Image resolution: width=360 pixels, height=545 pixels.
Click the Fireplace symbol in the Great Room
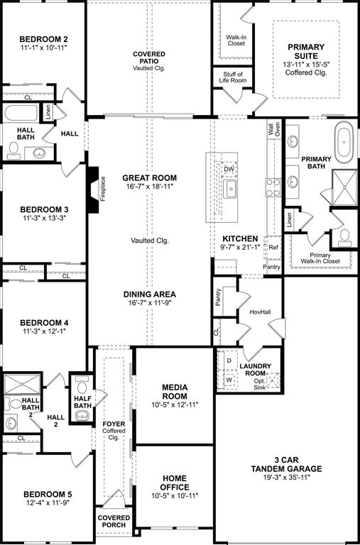tap(93, 189)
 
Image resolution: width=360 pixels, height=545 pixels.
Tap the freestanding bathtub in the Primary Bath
tap(345, 141)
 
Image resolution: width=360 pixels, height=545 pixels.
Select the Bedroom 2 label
tap(43, 39)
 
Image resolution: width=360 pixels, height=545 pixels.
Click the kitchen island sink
tap(230, 188)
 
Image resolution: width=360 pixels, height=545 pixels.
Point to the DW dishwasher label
tap(229, 169)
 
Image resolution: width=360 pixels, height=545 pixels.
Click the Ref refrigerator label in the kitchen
tap(273, 248)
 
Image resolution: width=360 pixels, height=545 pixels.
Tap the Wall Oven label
tap(273, 129)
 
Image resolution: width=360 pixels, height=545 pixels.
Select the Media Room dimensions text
tap(175, 404)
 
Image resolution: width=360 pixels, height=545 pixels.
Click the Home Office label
tap(175, 483)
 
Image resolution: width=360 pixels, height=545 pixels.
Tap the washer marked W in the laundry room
tap(229, 379)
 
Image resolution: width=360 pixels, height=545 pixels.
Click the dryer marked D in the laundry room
tap(229, 360)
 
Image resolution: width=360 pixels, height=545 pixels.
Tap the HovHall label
tap(261, 312)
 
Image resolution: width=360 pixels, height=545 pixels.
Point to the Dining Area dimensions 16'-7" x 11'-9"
tap(149, 303)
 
